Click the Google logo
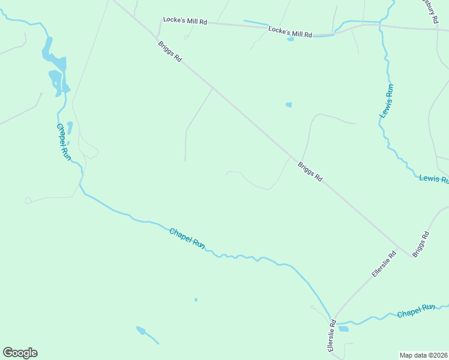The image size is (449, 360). [20, 353]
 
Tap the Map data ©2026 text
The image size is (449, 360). [423, 355]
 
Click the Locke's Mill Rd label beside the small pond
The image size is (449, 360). [291, 32]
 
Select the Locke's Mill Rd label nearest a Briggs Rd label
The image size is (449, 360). [185, 21]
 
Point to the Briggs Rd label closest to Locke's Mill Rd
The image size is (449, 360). [170, 51]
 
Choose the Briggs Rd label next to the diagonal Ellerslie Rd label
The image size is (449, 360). [421, 244]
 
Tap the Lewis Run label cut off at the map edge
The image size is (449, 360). [433, 178]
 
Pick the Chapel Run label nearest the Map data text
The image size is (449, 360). [416, 311]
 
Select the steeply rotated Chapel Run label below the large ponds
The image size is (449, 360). [63, 142]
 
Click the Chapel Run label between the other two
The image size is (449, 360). [187, 238]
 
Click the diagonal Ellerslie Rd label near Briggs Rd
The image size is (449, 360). [384, 264]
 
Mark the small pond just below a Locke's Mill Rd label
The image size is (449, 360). [291, 40]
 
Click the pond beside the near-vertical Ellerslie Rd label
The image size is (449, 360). [343, 329]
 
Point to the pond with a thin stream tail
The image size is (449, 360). [142, 330]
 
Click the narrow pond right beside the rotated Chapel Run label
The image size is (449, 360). [70, 128]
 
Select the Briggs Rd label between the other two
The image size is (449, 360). [310, 171]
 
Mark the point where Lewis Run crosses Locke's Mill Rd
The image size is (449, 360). [381, 25]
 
